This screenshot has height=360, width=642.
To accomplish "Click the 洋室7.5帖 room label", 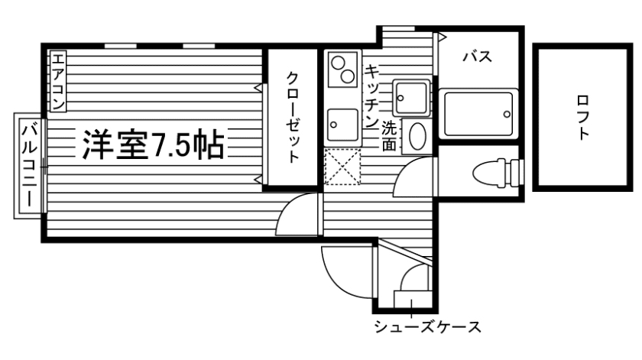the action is coord(153,144).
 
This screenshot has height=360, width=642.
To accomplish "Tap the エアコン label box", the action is coord(60,80).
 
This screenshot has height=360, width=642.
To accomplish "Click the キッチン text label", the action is coord(372,94).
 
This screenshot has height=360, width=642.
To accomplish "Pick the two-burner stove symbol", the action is coord(342,70).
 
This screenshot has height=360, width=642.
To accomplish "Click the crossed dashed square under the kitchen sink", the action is coord(341,167).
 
